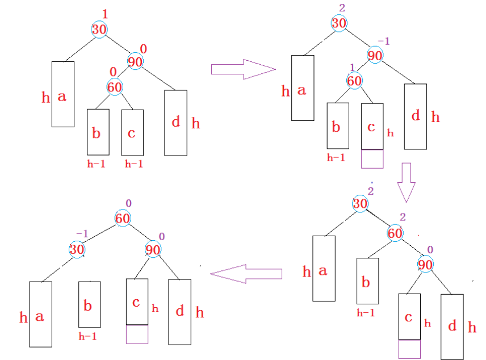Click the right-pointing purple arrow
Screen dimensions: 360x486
243,69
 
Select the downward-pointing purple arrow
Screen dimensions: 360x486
406,182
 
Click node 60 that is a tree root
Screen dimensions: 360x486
123,217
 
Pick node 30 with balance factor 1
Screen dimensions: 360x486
99,29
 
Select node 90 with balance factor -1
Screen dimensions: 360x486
375,56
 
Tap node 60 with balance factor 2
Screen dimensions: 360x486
396,232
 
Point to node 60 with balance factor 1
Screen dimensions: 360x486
354,81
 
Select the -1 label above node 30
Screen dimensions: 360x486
82,234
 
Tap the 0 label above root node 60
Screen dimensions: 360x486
128,203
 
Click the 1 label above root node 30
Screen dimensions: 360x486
104,14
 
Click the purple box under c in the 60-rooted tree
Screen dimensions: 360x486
137,334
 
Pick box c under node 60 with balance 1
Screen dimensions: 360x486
372,127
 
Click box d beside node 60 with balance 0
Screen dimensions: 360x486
175,122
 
